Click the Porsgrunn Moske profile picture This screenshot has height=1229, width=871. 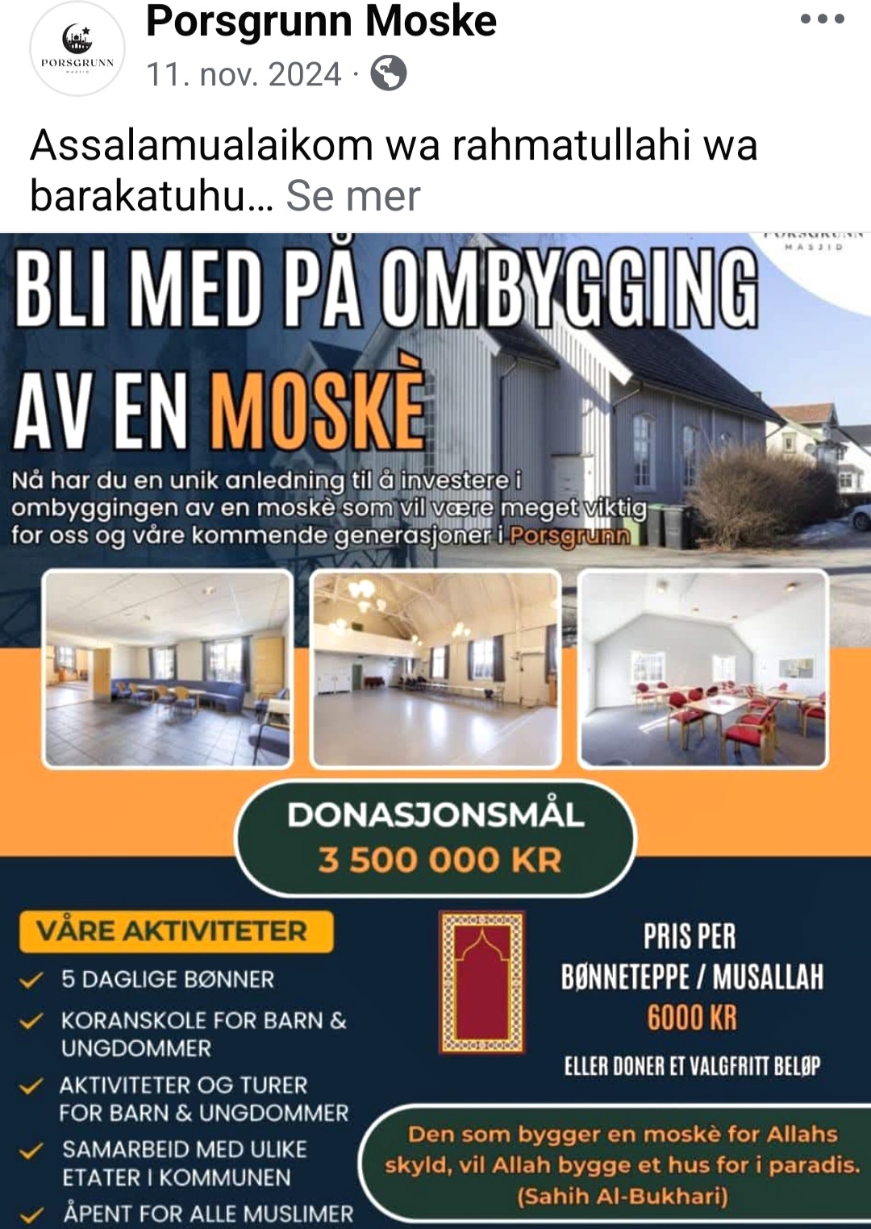tap(77, 48)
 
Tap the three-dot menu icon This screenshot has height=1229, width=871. tap(822, 19)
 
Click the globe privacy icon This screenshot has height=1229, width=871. tap(388, 73)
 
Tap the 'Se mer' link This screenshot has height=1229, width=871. tap(353, 196)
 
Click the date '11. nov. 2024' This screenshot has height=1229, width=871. tap(244, 74)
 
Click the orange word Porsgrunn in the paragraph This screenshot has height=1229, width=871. tap(569, 535)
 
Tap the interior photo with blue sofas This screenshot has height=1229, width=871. tap(168, 668)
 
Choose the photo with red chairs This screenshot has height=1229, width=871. tap(703, 668)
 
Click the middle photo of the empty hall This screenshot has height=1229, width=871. tap(435, 668)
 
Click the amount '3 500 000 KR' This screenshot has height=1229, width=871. tap(439, 860)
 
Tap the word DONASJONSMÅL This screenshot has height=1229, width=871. tap(435, 814)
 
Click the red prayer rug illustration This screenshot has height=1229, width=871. tap(481, 982)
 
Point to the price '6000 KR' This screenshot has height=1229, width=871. tap(692, 1018)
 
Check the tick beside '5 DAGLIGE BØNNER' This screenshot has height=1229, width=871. tap(31, 981)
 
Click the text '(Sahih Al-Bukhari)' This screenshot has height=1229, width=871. tap(622, 1196)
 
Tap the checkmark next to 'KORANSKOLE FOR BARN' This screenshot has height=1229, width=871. tap(31, 1021)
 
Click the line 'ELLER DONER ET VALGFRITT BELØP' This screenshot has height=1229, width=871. tap(692, 1066)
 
